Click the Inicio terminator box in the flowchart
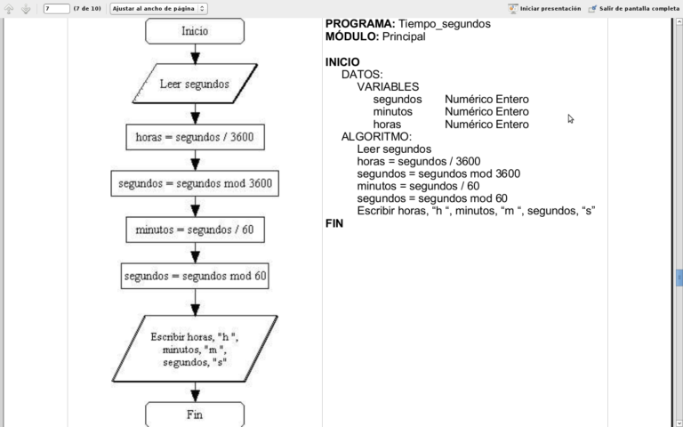point(195,31)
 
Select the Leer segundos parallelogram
point(195,85)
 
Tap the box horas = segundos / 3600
point(195,137)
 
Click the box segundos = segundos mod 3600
point(195,184)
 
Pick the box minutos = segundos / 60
point(195,230)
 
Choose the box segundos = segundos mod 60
point(195,276)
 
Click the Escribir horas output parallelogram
point(195,350)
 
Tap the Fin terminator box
point(195,415)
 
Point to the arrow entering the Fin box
point(195,393)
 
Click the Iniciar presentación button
point(544,8)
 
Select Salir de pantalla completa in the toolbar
point(632,8)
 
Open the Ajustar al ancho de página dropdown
point(159,8)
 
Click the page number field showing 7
point(56,8)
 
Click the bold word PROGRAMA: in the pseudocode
point(359,24)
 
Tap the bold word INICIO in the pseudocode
point(342,61)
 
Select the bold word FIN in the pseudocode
point(334,223)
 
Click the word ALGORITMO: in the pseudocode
point(376,136)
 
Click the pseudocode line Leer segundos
point(394,149)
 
